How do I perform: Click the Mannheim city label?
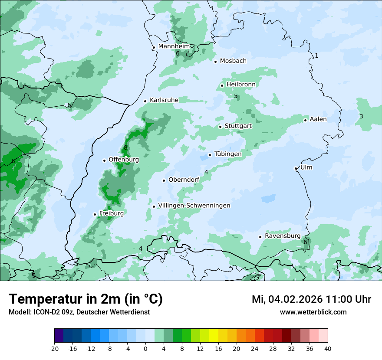[x=174, y=46]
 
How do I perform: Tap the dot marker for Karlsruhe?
[x=145, y=101]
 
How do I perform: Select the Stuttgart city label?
[x=238, y=126]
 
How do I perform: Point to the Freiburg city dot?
[x=95, y=214]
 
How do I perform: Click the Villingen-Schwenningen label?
[x=194, y=206]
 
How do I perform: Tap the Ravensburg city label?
[x=283, y=236]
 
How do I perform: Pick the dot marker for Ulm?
[x=296, y=168]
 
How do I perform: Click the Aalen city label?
[x=318, y=119]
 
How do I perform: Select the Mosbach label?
[x=233, y=61]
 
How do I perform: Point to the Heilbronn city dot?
[x=222, y=85]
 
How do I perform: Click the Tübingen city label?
[x=228, y=154]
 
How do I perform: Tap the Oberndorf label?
[x=184, y=180]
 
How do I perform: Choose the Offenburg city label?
[x=124, y=160]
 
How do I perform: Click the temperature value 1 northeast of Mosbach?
[x=316, y=56]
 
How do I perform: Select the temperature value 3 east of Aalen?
[x=361, y=116]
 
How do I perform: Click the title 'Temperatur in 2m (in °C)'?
[x=86, y=299]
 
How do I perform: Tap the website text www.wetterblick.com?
[x=313, y=312]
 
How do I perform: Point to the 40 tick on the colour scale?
[x=327, y=348]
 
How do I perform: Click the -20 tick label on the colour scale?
[x=54, y=348]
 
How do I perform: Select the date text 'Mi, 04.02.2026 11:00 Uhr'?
[x=311, y=299]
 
